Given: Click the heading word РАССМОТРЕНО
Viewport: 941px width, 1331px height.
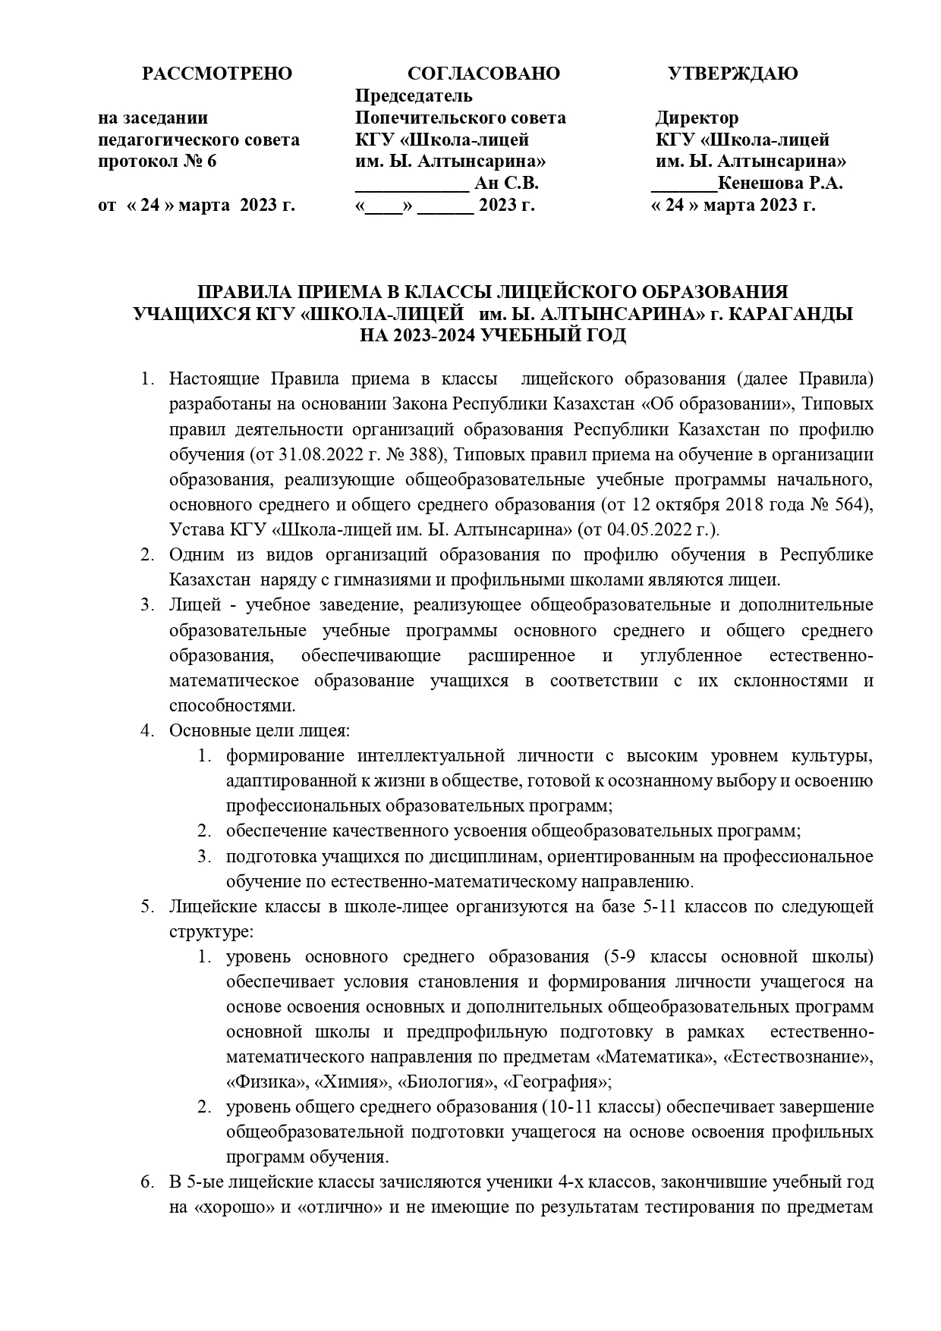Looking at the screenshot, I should pos(217,74).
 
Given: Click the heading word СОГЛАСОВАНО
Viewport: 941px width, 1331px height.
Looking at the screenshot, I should pos(483,74).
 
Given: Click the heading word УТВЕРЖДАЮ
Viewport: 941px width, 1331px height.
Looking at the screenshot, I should pos(732,74).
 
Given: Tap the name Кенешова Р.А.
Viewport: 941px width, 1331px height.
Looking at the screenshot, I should pos(781,184).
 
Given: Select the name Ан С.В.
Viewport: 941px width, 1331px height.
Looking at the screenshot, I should pos(506,184).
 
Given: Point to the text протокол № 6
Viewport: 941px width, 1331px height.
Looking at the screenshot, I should pos(158,162).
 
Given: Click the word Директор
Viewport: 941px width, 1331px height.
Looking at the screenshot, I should pos(697,118).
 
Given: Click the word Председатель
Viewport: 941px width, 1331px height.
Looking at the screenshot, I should pos(414,96).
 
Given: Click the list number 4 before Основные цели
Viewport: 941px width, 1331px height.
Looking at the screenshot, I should pos(146,731).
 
